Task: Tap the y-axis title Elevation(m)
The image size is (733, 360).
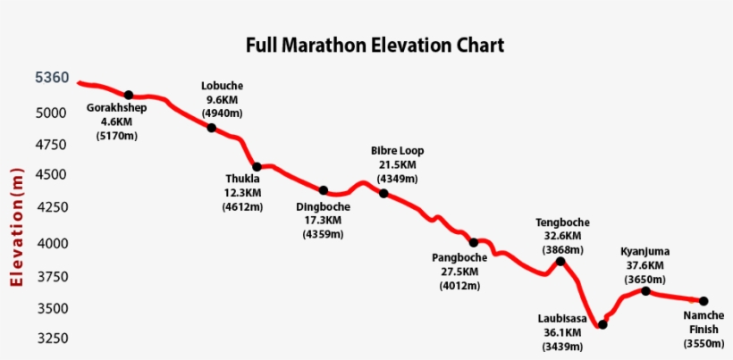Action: [16, 227]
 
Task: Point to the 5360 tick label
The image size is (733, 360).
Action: [52, 78]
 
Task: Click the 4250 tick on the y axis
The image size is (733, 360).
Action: [52, 207]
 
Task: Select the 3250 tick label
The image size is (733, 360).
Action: [52, 339]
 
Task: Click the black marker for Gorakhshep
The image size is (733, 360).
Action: [129, 95]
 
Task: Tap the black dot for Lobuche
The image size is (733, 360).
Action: [212, 128]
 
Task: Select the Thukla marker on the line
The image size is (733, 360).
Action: [257, 167]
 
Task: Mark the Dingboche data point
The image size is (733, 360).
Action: [324, 190]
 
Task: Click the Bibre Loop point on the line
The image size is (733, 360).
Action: [383, 193]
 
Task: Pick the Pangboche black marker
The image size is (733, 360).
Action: [474, 242]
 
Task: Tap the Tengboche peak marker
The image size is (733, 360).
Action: [560, 261]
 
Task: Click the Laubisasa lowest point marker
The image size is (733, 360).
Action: [602, 324]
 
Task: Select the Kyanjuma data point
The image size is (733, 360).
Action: [645, 290]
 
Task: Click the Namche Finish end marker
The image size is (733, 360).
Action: [704, 301]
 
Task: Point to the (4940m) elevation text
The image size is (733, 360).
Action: [222, 113]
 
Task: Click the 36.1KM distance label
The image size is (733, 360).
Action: [562, 331]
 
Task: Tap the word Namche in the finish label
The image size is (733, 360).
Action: [704, 315]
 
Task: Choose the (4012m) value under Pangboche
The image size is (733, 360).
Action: [460, 286]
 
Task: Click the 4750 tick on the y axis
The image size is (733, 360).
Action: [52, 145]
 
